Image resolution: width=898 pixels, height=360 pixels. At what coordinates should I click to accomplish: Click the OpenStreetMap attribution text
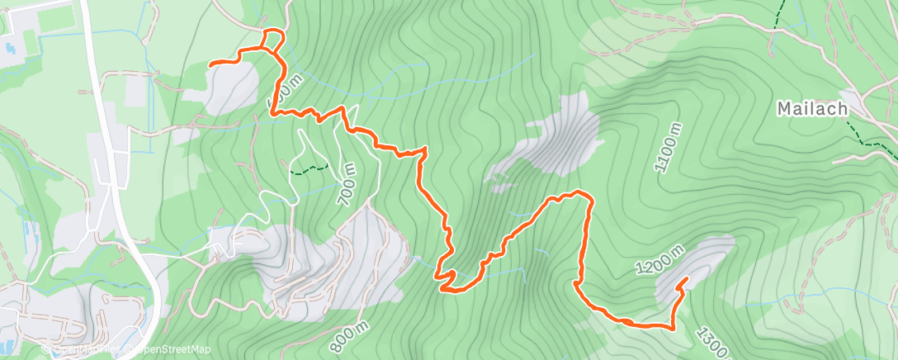[169, 349]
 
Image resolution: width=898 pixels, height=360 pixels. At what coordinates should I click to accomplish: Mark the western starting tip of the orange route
[210, 64]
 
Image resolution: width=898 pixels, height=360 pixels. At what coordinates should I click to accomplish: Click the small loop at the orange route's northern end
[273, 40]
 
